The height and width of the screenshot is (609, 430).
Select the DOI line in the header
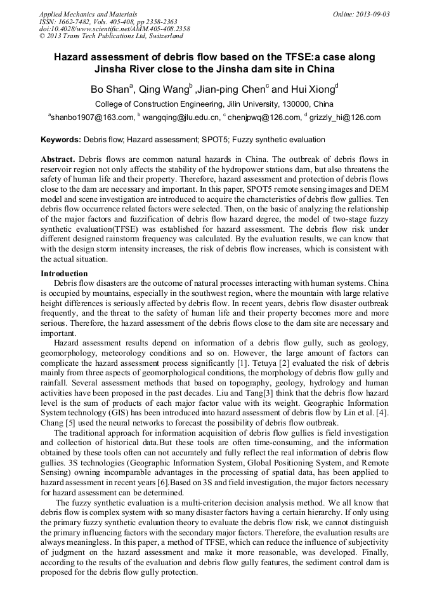(114, 29)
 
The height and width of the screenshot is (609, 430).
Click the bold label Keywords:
(61, 140)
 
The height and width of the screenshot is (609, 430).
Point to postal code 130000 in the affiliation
(294, 104)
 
